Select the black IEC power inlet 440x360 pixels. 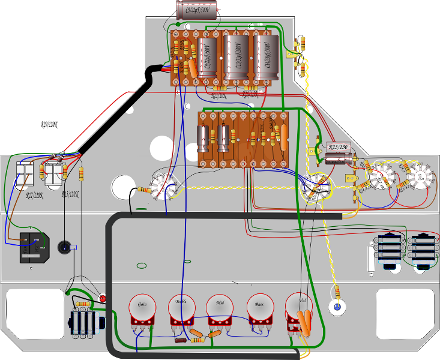pos(35,247)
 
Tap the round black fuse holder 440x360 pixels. pos(65,246)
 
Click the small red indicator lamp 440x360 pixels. pos(103,298)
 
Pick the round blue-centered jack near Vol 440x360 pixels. pos(338,308)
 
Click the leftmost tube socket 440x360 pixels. pos(163,184)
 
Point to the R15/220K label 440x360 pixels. pos(70,194)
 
